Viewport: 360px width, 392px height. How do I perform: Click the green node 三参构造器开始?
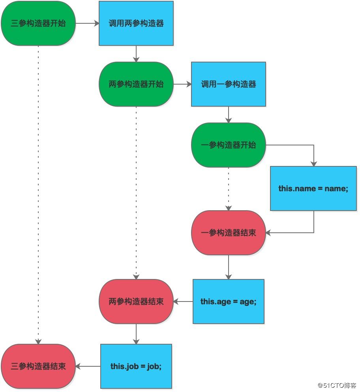point(38,23)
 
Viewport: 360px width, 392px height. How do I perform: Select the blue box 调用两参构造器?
point(136,23)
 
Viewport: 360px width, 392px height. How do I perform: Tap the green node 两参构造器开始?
point(136,84)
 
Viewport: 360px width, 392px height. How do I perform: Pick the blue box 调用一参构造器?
point(229,84)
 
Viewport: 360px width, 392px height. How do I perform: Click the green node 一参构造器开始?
point(229,145)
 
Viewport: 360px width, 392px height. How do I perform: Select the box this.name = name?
point(313,188)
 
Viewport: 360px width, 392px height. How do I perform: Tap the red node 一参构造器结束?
point(229,233)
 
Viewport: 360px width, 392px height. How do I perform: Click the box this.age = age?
point(229,302)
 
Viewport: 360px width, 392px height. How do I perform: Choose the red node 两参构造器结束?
point(136,302)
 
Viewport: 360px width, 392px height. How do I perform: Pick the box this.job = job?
point(136,366)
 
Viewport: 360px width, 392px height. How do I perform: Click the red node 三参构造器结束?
point(38,366)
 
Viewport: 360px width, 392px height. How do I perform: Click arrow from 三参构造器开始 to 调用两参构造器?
point(87,23)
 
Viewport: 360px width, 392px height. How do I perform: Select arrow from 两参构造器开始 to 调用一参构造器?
point(182,84)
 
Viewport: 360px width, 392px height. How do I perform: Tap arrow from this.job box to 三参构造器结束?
point(88,366)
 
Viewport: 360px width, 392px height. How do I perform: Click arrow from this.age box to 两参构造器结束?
point(183,302)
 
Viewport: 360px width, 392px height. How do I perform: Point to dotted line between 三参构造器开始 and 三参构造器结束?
point(38,194)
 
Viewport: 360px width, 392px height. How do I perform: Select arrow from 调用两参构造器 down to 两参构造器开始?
point(136,54)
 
